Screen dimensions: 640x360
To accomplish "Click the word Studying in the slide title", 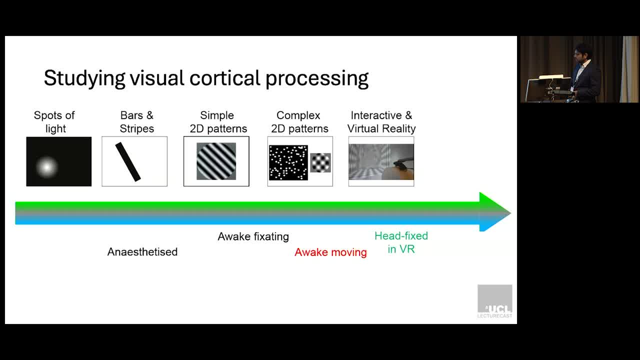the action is click(84, 78).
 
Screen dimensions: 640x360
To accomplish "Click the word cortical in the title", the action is click(225, 77).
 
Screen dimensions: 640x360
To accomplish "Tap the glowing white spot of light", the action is click(47, 167).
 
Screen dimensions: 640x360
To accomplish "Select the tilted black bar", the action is click(128, 161).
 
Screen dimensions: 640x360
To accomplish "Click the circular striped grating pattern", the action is click(216, 161).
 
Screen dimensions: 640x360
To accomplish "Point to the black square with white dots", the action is click(288, 162).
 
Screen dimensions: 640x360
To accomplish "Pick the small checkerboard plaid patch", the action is click(320, 162).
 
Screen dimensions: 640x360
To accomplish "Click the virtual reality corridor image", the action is click(381, 161).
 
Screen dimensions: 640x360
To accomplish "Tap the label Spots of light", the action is click(54, 122).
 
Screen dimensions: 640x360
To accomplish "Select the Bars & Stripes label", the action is click(137, 122).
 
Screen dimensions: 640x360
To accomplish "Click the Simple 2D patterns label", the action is click(218, 122).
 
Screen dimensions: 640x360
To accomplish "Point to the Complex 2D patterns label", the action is click(299, 122).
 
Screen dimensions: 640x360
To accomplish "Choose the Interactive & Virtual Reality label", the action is click(381, 122).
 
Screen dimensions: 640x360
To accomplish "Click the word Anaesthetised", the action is click(142, 252).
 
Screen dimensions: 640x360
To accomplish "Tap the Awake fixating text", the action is click(253, 236).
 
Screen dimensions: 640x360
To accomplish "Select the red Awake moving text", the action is click(330, 252).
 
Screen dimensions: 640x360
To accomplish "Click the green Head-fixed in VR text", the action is click(401, 242).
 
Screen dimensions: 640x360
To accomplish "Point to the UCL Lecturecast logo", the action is click(495, 301).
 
